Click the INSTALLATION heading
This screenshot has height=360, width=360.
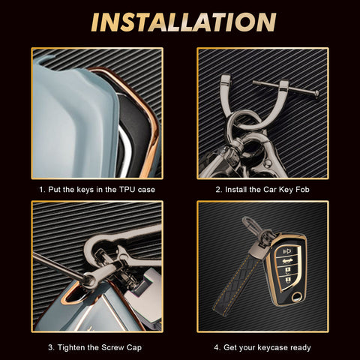(x=184, y=22)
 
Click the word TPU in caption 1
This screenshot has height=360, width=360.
(x=127, y=190)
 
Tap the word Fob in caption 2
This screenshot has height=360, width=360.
(x=302, y=190)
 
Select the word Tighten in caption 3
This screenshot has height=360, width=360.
(x=71, y=347)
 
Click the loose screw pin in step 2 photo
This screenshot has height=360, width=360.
(x=286, y=88)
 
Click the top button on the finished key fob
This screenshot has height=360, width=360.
(x=287, y=250)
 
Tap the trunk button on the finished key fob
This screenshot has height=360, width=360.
(x=286, y=261)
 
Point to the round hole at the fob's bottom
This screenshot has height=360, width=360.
(x=297, y=298)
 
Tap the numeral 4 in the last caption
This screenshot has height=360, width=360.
(x=216, y=347)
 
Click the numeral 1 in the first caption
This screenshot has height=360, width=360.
(x=41, y=190)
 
